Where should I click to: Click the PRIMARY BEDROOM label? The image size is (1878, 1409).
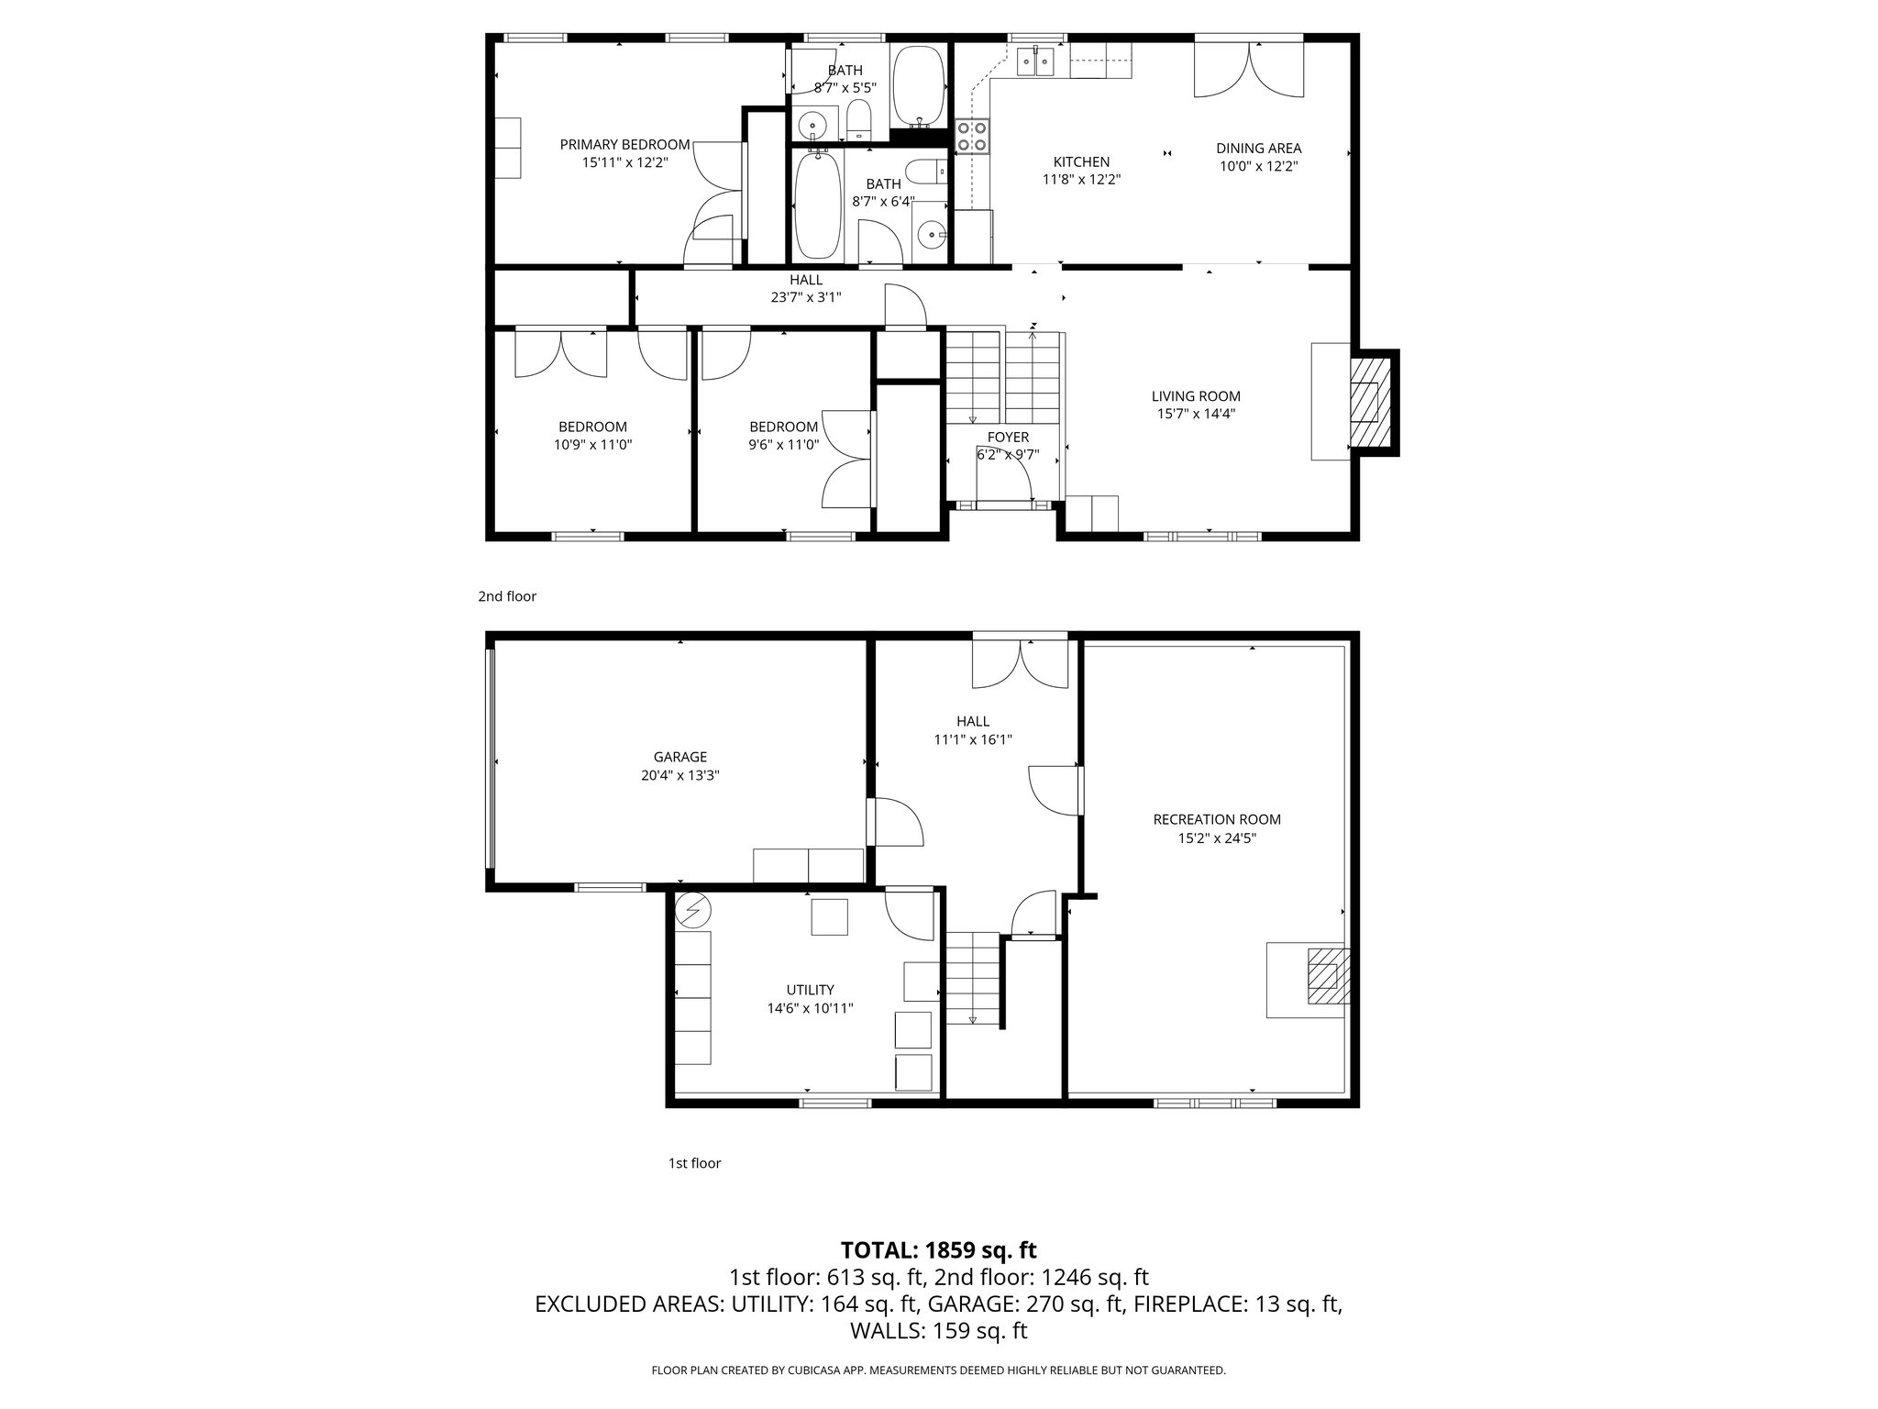coord(624,145)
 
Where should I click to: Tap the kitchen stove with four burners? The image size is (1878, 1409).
coord(972,136)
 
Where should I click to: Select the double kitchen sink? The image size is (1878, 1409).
coord(1036,62)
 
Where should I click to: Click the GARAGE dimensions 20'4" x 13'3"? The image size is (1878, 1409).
coord(679,775)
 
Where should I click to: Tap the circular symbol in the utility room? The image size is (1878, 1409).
coord(692,910)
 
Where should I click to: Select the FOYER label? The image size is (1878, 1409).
coord(1008,438)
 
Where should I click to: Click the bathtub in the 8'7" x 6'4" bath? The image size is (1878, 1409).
coord(816,205)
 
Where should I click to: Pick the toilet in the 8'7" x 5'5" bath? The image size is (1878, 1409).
coord(859,121)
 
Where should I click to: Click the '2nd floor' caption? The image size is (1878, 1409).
coord(507,596)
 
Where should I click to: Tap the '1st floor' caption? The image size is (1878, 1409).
coord(694,1163)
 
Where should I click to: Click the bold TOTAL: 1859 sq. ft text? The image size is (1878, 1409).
coord(938,1249)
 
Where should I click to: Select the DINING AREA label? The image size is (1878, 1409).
coord(1258,149)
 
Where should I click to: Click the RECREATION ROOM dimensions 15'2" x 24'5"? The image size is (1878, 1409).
coord(1217,838)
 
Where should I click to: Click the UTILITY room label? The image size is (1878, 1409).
coord(810,990)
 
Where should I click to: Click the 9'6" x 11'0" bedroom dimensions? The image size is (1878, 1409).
coord(783,445)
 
